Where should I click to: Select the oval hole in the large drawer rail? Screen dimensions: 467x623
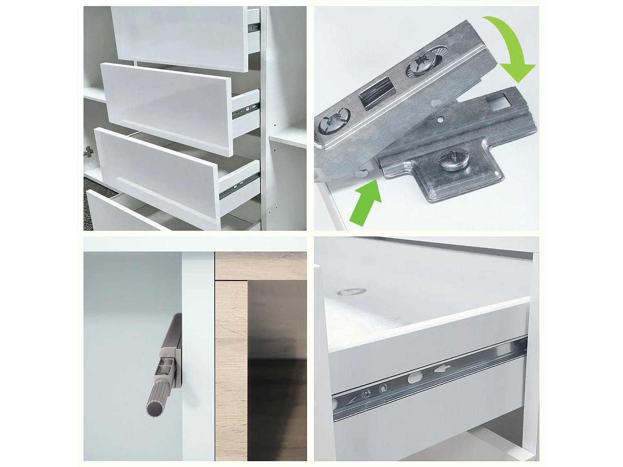click(415, 378)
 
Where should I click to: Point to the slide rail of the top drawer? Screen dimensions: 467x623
click(253, 27)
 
